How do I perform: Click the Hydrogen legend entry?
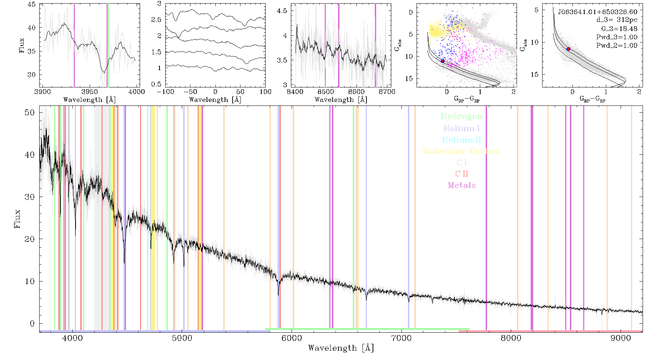tap(461, 116)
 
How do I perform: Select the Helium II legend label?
tap(462, 140)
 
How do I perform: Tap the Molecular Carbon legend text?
tap(462, 151)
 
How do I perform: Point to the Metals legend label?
tap(462, 185)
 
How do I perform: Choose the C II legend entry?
tap(462, 174)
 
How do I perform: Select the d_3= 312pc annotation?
tap(616, 20)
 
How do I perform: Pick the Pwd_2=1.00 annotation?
tap(617, 46)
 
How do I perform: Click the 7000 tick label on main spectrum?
tap(401, 338)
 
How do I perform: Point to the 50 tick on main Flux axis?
tap(30, 113)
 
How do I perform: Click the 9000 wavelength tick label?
tap(620, 338)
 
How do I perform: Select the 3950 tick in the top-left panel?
tap(89, 91)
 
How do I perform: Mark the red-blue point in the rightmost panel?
tap(568, 49)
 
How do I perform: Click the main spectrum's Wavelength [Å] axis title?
tap(341, 348)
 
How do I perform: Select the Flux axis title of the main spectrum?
tap(17, 219)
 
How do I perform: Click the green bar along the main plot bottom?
tap(367, 329)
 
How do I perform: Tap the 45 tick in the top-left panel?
tap(32, 4)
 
